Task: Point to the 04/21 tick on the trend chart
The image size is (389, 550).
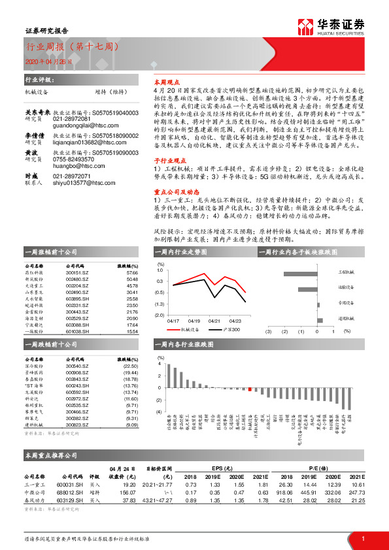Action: (214, 321)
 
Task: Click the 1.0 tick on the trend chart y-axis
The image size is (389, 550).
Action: (161, 269)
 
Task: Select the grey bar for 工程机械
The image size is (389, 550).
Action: (303, 274)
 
